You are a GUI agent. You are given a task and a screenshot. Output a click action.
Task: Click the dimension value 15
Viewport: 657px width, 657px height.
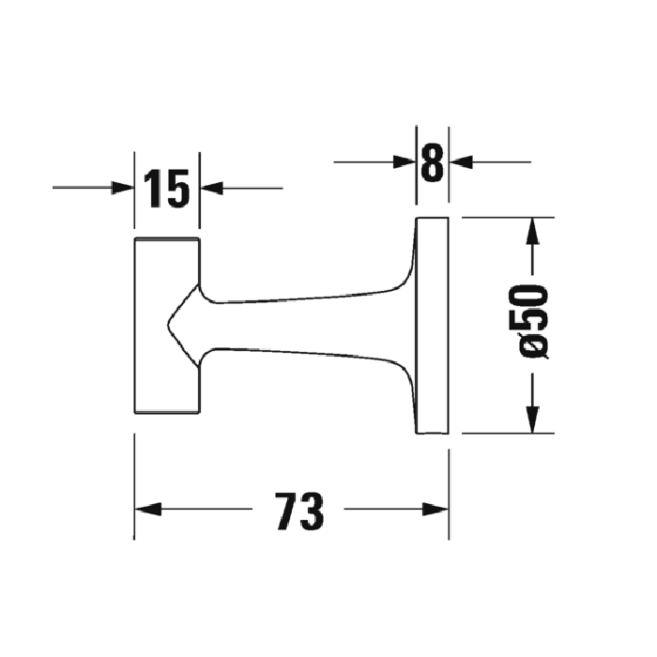[167, 189]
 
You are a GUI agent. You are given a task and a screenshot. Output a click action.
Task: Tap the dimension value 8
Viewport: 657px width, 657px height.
[432, 162]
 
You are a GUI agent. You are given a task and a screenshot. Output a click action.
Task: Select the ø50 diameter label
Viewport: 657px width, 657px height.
[532, 321]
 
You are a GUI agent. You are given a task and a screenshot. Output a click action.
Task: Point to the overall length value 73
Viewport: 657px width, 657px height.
[299, 512]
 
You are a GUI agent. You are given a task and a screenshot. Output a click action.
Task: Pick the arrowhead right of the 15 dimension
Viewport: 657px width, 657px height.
[212, 188]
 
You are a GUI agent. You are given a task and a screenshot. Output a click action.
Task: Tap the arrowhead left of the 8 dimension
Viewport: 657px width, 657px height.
[405, 162]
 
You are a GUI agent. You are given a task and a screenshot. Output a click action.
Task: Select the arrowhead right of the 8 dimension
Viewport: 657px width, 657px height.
[461, 162]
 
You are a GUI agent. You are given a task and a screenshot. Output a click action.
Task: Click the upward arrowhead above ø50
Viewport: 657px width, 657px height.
[532, 230]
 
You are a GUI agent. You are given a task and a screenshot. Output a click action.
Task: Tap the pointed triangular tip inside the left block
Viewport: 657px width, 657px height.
[173, 325]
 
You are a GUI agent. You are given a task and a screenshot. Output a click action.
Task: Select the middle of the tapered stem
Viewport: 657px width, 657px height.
[300, 328]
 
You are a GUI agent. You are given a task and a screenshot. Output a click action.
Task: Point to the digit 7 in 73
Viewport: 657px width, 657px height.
[287, 512]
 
